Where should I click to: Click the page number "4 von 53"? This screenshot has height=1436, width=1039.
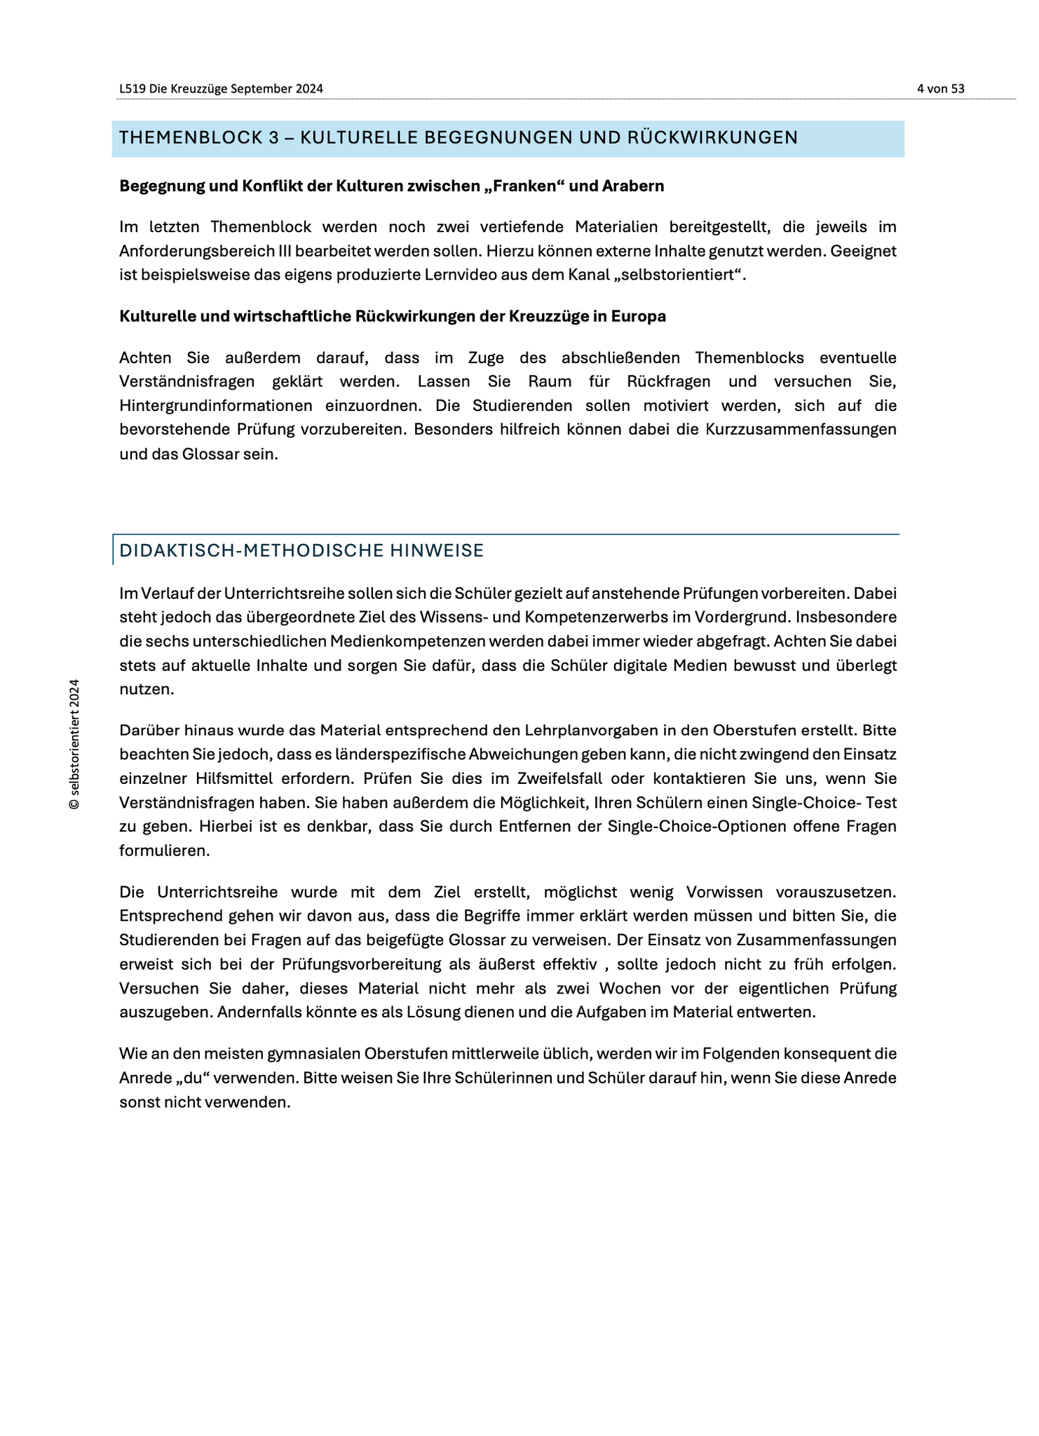pyautogui.click(x=940, y=88)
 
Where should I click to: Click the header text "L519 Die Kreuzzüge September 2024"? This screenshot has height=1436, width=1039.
pyautogui.click(x=221, y=88)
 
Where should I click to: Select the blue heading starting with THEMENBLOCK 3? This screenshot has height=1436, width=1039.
pyautogui.click(x=459, y=137)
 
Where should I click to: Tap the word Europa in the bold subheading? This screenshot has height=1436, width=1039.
pyautogui.click(x=639, y=316)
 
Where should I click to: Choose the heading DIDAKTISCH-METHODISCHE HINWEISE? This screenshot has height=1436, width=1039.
pyautogui.click(x=301, y=550)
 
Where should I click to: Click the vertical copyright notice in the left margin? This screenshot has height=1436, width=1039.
pyautogui.click(x=74, y=744)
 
